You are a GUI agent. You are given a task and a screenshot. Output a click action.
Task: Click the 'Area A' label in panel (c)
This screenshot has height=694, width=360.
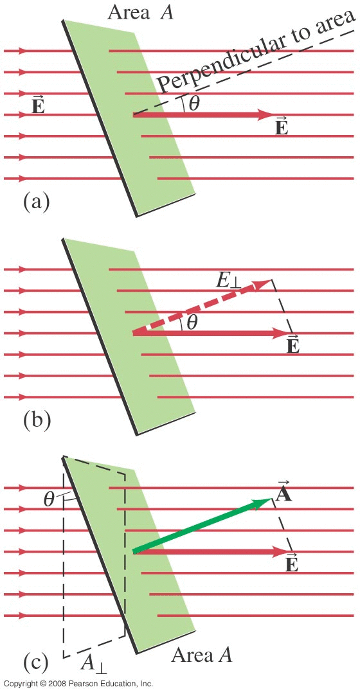coord(202,655)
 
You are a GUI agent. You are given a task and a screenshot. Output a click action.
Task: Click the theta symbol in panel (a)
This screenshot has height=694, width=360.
coord(194,104)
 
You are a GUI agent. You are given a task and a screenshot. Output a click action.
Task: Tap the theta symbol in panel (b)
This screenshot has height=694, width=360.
coord(192,322)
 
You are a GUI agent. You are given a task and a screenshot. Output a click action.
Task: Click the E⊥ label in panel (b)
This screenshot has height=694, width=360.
coord(230,282)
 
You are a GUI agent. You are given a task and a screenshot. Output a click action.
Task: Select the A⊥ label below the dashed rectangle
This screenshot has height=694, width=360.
coord(94,664)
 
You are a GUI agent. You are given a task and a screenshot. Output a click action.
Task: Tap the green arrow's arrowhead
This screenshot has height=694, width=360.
coord(264,501)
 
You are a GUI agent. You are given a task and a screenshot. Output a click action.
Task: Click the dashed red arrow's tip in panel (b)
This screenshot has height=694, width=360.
coord(271,280)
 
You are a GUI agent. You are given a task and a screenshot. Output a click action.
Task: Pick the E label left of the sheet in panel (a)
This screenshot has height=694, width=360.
coord(39,105)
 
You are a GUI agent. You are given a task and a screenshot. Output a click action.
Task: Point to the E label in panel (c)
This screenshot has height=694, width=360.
coord(292,562)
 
